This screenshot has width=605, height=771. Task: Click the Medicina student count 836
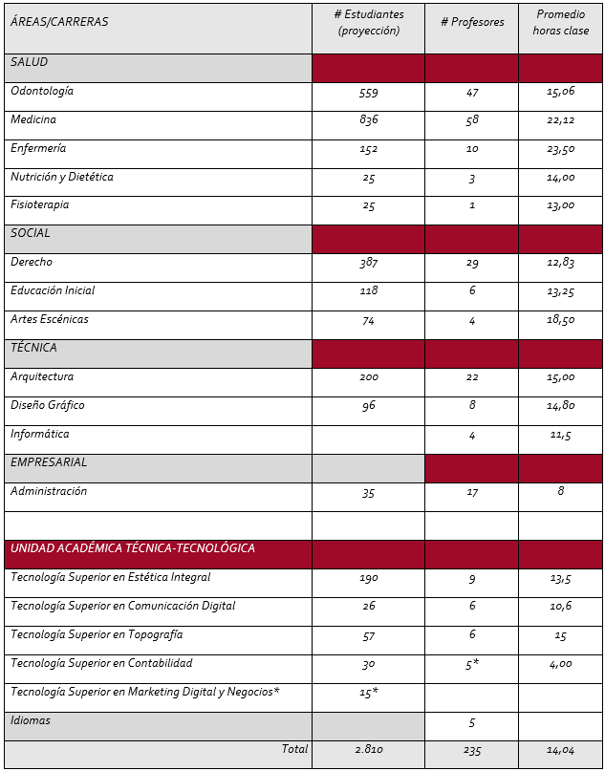368,120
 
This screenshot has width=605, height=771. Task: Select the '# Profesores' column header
472,22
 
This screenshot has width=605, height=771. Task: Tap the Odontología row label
42,92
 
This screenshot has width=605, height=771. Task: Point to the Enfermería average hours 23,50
561,149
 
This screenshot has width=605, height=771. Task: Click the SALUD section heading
30,62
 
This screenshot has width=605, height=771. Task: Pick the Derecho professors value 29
472,263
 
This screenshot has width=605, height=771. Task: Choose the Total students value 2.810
368,751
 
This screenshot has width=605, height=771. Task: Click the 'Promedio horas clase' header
561,22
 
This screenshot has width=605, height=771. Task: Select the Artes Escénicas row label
50,319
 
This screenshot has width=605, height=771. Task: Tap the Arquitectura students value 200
368,377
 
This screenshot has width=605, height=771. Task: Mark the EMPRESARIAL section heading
49,462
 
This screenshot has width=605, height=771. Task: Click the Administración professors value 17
472,492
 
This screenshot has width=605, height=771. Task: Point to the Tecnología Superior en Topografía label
97,634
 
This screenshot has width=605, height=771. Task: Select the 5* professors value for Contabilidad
472,665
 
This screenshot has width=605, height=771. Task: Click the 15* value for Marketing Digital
368,694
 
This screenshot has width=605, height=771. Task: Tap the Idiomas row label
31,720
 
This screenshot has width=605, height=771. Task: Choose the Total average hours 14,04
561,751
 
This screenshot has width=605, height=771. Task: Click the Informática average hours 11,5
561,435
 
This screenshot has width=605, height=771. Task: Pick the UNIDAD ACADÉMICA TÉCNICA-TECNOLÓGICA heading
133,548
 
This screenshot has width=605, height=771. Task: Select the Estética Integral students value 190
368,578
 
